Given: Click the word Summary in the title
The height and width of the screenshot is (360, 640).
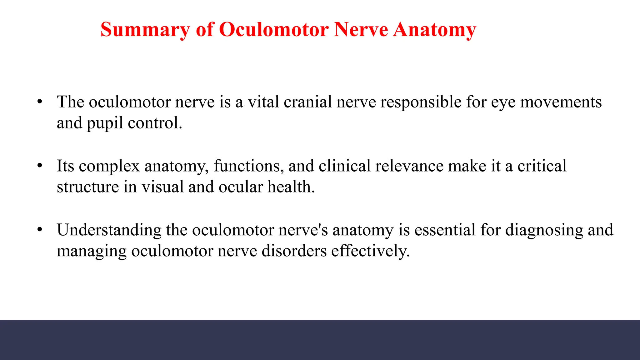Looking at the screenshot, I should (x=145, y=30).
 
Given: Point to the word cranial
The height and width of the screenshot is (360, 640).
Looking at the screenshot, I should (x=307, y=102).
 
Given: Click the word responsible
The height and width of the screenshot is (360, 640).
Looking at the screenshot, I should (x=421, y=102).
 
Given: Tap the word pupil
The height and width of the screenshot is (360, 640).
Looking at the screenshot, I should (x=105, y=123).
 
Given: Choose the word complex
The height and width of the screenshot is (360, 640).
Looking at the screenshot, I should (x=109, y=166).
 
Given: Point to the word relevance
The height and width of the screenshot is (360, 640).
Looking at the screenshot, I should (x=409, y=166).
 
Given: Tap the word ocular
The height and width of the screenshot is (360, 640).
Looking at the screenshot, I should (x=241, y=187).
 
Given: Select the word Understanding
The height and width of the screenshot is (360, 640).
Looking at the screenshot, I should (x=109, y=230).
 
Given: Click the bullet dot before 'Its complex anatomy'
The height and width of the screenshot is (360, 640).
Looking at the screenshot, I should (x=39, y=166).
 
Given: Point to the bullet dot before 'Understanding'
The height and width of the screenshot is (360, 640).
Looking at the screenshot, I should (x=39, y=230).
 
